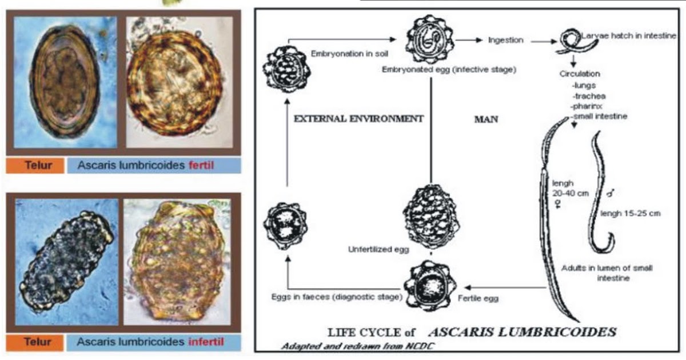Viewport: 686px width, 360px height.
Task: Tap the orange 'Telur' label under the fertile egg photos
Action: [x=39, y=165]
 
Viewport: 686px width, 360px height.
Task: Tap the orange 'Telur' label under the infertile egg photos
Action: [x=39, y=342]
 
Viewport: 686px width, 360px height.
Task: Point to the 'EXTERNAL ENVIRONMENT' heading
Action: [x=358, y=119]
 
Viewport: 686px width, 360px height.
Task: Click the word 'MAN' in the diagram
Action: [x=487, y=120]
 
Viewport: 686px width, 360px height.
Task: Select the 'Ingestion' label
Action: [x=506, y=40]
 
